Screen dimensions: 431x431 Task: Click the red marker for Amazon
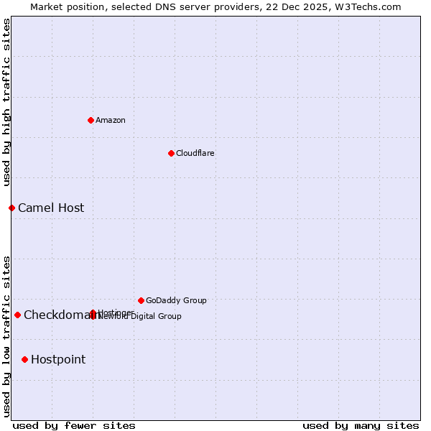click(x=91, y=120)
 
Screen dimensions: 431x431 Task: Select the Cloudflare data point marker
click(x=171, y=153)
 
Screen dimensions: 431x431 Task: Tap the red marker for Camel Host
click(x=11, y=208)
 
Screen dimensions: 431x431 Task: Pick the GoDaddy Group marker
click(x=141, y=300)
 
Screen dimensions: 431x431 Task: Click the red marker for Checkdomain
click(x=17, y=315)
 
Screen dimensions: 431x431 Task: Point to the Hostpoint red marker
click(x=24, y=359)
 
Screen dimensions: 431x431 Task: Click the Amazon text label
click(x=110, y=120)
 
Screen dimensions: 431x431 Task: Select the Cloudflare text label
click(x=195, y=153)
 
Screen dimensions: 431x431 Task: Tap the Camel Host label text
click(x=51, y=208)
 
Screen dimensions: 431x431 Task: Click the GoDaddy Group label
click(x=176, y=300)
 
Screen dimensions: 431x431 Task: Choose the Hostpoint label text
click(x=58, y=359)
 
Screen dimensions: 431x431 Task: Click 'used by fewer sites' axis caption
click(x=74, y=425)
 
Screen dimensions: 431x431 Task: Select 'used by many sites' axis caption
click(x=361, y=425)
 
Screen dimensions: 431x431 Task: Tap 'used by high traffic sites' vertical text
click(x=6, y=102)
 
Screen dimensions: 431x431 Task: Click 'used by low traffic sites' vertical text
click(x=6, y=335)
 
